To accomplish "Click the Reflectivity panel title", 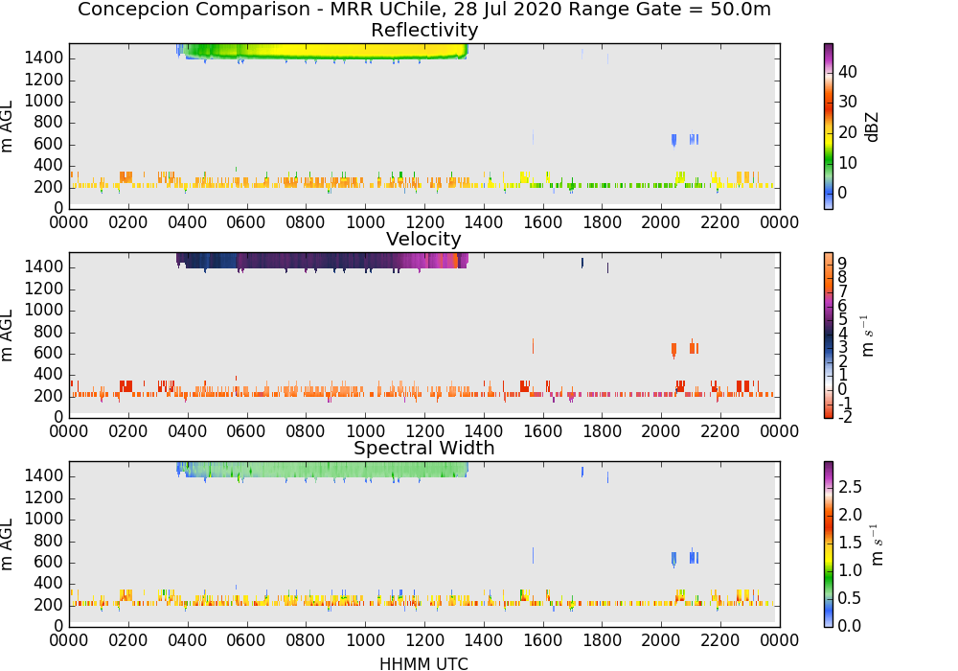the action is click(424, 30).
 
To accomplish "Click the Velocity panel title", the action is click(423, 239).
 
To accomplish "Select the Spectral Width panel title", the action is click(424, 448).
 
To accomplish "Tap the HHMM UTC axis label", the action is click(423, 663).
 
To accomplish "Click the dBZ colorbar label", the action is click(872, 127).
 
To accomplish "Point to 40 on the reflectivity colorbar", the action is click(848, 72).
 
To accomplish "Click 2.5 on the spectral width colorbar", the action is click(850, 487).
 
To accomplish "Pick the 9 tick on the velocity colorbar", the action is click(842, 264).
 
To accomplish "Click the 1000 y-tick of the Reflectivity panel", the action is click(44, 102).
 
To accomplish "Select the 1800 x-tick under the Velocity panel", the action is click(602, 431).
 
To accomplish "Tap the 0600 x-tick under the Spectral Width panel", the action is click(246, 640).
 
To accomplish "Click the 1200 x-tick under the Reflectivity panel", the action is click(424, 222).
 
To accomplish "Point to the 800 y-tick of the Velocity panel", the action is click(49, 332).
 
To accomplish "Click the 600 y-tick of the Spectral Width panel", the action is click(49, 563).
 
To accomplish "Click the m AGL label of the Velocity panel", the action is click(8, 335).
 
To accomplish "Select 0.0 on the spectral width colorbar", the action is click(850, 626).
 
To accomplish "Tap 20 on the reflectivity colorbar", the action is click(848, 132).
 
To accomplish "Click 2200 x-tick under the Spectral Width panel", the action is click(720, 640).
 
